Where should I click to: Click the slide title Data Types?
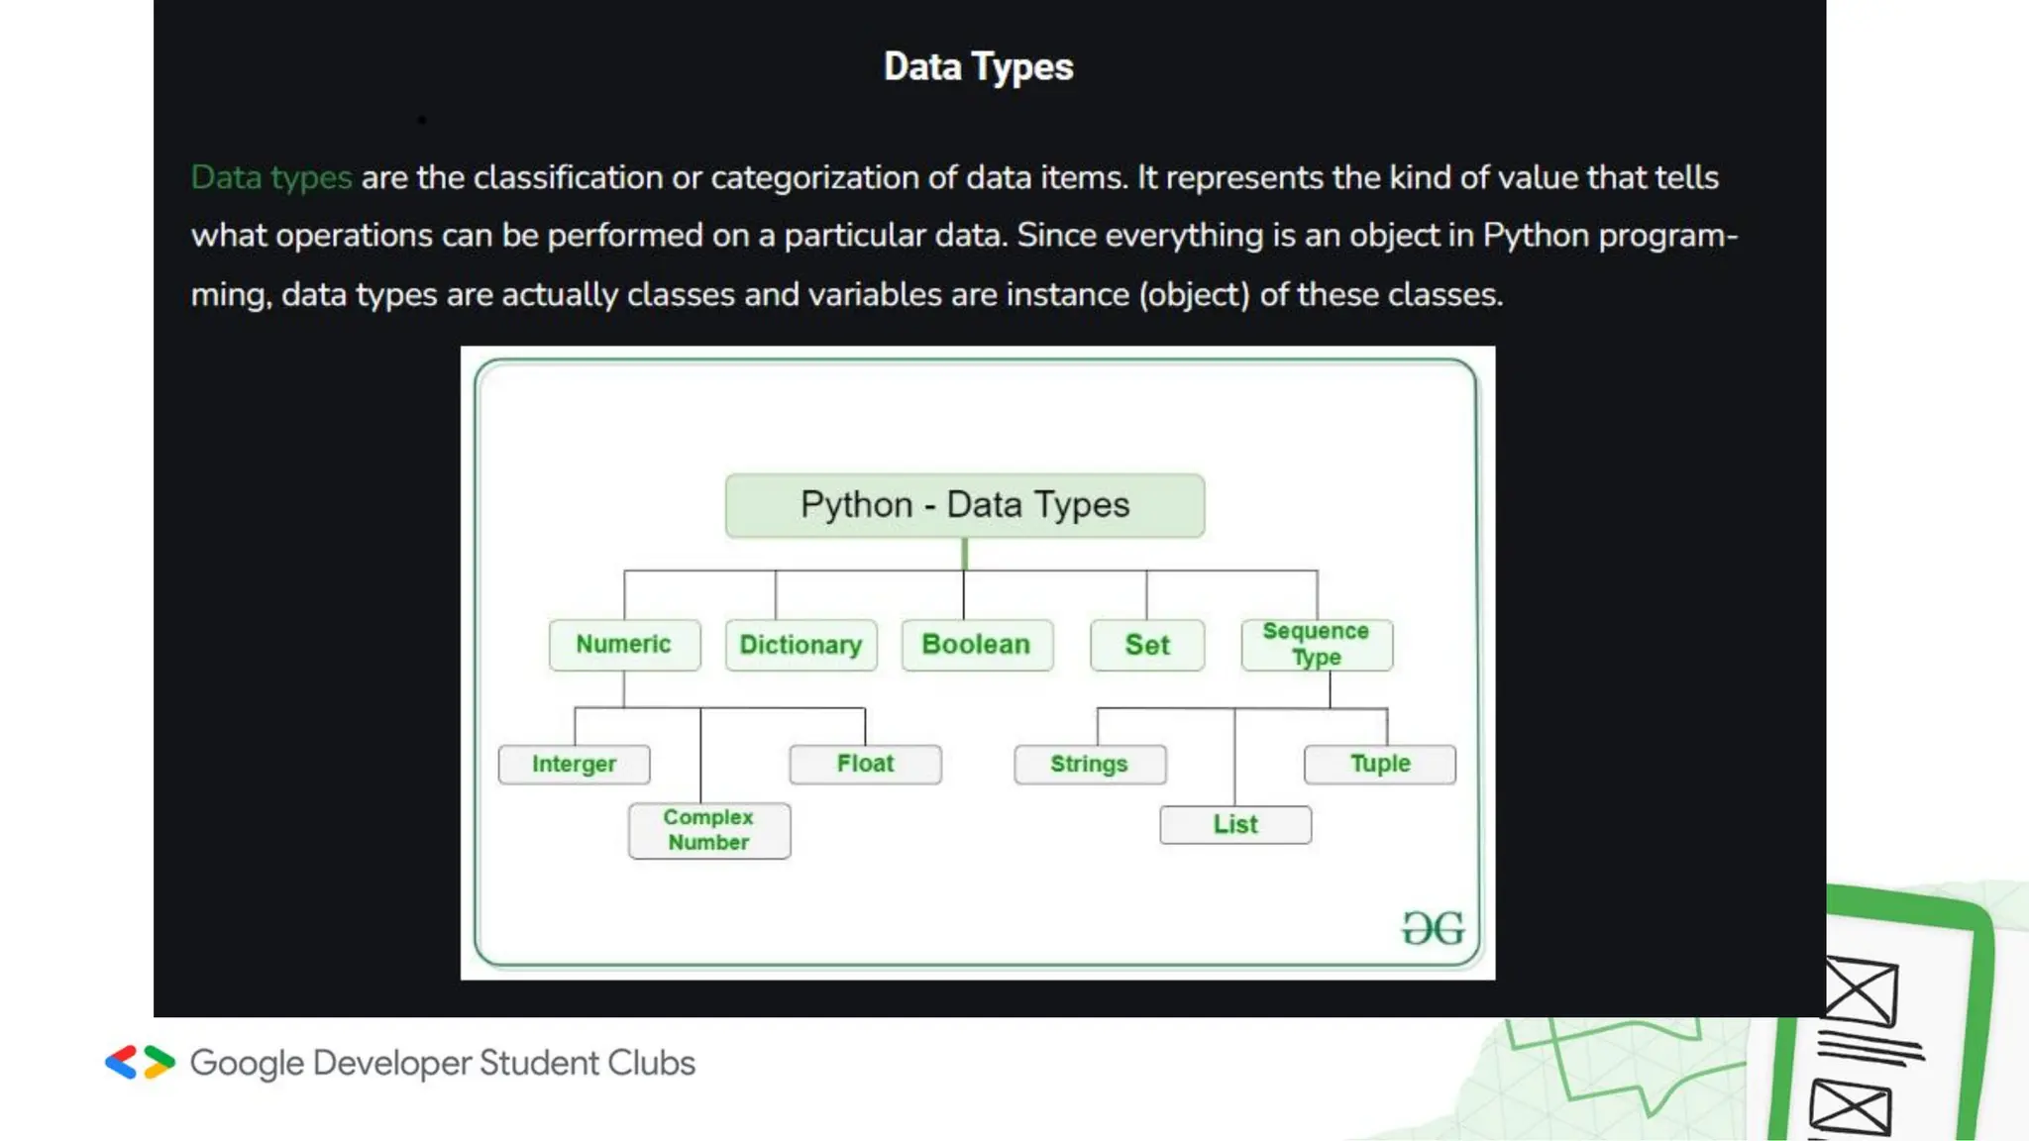coord(978,67)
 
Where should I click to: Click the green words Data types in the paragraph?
coord(271,178)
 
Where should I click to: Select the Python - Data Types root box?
coord(965,506)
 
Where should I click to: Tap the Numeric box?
coord(624,645)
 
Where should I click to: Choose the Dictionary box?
coord(801,646)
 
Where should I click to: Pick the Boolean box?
coord(977,645)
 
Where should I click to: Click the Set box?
coord(1147,646)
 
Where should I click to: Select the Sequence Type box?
coord(1317,645)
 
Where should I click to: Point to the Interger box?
coord(575,765)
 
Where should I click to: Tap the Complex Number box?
coord(709,830)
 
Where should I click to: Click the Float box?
coord(865,764)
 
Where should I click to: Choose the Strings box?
coord(1090,765)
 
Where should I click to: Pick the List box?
coord(1235,825)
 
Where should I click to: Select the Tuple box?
coord(1380,764)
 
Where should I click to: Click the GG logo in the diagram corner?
coord(1433,929)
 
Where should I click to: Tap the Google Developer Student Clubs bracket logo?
coord(140,1063)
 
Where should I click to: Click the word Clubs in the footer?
coord(651,1064)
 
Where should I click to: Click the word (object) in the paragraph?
coord(1194,295)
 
